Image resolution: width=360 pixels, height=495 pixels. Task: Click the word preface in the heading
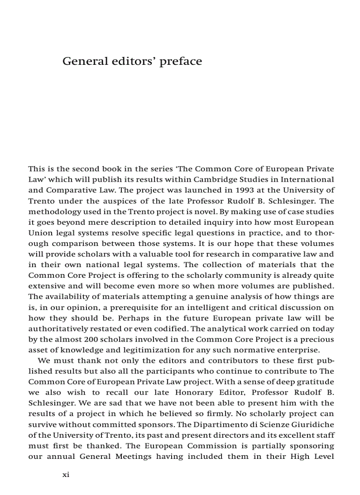(x=180, y=61)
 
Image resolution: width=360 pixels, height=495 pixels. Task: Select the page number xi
(x=66, y=474)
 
